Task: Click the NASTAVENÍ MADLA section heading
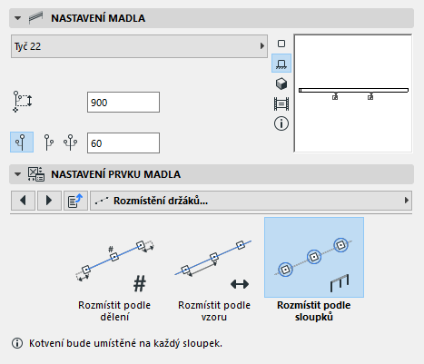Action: click(x=98, y=18)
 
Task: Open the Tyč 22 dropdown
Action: click(x=139, y=46)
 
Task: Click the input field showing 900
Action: click(x=123, y=103)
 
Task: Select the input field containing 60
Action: click(x=123, y=143)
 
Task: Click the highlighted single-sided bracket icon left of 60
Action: click(x=22, y=142)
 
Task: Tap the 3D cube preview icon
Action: click(x=281, y=84)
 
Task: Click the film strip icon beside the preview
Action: click(x=281, y=103)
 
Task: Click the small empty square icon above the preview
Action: click(x=281, y=44)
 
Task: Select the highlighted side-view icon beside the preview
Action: click(x=281, y=64)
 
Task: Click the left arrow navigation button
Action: click(x=23, y=201)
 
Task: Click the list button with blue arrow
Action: click(x=75, y=201)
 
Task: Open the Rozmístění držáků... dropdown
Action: click(x=251, y=201)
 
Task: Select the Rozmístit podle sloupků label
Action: click(x=314, y=310)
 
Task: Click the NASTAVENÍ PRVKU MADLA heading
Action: click(x=116, y=174)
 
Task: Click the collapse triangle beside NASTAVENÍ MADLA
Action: click(x=17, y=18)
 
